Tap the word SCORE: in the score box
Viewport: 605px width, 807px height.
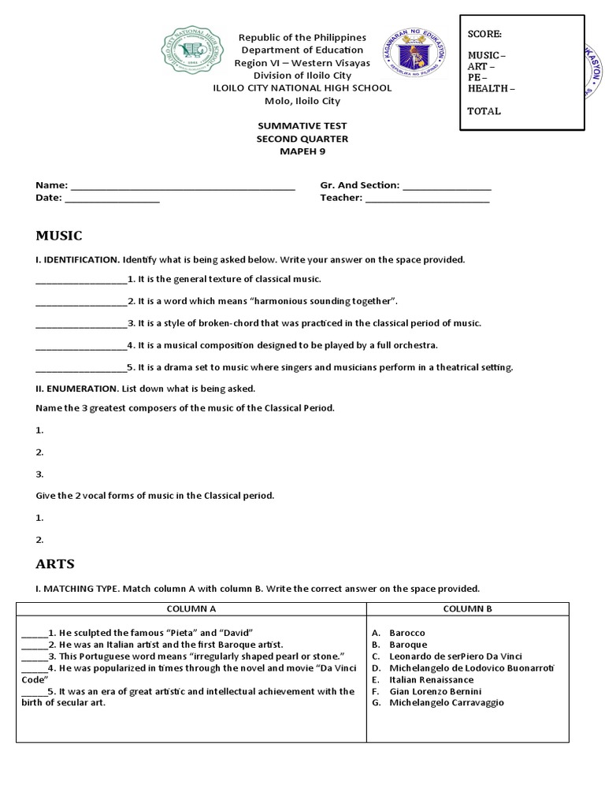pos(484,34)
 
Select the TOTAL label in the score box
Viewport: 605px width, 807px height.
pos(484,111)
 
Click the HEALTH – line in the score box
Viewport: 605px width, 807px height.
pos(492,88)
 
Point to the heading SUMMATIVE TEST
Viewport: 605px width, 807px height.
pos(302,126)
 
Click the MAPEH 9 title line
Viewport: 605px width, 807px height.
pos(302,151)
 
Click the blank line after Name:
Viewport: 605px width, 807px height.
pos(182,186)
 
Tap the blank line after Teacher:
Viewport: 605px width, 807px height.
pos(427,199)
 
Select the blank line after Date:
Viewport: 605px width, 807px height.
pos(112,199)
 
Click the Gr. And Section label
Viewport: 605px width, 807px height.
pos(359,185)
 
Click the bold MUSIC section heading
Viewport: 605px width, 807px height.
pos(59,236)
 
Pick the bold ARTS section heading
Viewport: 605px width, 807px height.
pos(55,563)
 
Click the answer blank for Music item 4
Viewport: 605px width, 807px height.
pos(81,346)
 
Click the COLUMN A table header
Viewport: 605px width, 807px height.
pos(191,609)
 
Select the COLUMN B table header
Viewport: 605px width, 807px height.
pos(467,609)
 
